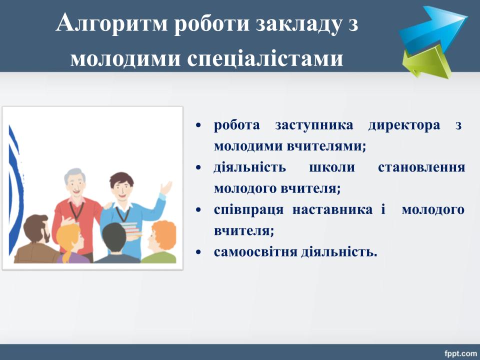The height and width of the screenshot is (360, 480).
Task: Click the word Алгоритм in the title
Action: point(111,23)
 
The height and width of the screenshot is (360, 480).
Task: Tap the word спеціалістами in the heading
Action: point(265,58)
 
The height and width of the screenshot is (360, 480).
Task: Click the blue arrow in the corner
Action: point(433,29)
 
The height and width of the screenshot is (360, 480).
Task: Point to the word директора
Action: point(404,125)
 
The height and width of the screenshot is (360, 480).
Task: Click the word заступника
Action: point(314,125)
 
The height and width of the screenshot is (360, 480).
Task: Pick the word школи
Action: point(332,167)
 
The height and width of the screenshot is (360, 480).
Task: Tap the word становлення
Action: point(421,167)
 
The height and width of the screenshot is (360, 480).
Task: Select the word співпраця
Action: point(248,210)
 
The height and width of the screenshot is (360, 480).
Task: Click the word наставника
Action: point(332,209)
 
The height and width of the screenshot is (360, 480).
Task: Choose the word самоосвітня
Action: point(255,252)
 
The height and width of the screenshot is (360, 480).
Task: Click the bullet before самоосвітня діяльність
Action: point(198,252)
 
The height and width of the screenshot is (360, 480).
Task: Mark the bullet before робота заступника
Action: point(198,125)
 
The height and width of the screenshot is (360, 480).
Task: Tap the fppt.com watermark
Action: point(460,353)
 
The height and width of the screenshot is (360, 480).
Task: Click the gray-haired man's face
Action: point(75,183)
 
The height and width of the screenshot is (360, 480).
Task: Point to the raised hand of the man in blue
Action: point(165,187)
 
